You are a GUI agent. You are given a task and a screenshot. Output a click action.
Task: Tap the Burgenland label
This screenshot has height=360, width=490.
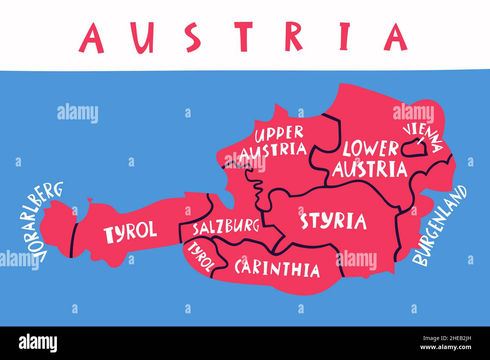tap(439, 226)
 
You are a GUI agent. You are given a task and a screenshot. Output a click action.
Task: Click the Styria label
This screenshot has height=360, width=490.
tap(333, 221)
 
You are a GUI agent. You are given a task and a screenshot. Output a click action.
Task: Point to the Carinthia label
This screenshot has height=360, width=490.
tap(277, 268)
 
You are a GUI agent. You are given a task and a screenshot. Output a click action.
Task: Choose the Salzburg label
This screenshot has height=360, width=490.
tap(226, 227)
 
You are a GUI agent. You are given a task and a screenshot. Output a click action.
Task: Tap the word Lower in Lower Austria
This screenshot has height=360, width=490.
tap(370, 149)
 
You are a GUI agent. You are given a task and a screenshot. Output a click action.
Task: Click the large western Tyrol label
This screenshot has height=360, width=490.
tap(130, 231)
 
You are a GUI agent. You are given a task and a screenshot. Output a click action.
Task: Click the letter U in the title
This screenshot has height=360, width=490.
tap(144, 38)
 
